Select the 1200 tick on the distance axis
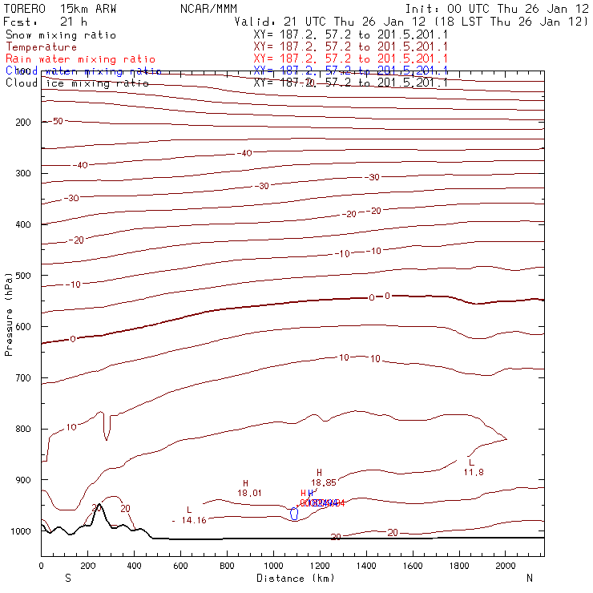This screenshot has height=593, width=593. point(321,566)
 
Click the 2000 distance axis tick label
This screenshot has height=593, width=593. point(506,566)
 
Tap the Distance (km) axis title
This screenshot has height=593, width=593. point(295,578)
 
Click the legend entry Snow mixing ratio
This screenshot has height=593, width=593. point(60,36)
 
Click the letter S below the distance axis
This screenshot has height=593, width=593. point(67,578)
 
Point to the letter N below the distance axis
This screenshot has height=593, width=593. point(530,578)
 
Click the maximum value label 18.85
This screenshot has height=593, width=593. point(324,482)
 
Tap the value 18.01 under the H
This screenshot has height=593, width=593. point(249,494)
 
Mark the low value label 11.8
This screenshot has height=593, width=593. point(473,472)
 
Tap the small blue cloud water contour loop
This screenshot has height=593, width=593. point(294,514)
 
